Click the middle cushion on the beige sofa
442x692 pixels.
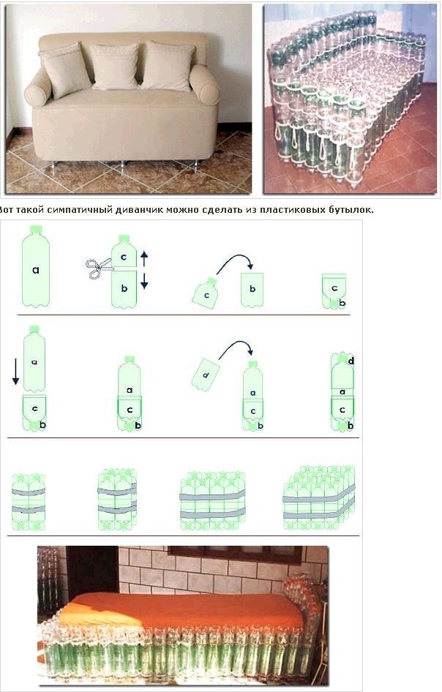[115, 66]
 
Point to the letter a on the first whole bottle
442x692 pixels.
[36, 270]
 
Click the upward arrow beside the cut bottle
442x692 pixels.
[144, 258]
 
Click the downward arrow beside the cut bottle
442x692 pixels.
[144, 281]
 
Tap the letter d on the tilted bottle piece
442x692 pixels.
[206, 375]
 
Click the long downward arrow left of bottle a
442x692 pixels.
[15, 371]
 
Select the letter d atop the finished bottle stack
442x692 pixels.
[351, 361]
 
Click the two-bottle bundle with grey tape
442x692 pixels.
[29, 502]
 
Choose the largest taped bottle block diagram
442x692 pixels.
[319, 499]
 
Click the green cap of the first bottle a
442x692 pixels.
[36, 229]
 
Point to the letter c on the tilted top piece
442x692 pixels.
[206, 295]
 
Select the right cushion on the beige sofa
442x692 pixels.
[168, 66]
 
